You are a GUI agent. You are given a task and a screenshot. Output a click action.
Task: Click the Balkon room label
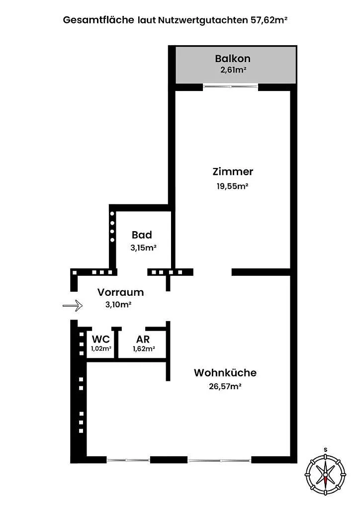(232, 59)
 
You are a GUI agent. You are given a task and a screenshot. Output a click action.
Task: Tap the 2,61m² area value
(233, 70)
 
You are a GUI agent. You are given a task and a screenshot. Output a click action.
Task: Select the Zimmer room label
(233, 171)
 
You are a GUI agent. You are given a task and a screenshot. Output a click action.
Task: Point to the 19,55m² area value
(232, 186)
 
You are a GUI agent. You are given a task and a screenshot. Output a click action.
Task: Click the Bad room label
(142, 235)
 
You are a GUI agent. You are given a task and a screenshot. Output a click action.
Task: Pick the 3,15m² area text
(144, 248)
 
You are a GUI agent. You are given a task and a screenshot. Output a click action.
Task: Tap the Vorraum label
(120, 292)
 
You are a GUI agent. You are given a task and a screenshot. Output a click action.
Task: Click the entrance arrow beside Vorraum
(73, 306)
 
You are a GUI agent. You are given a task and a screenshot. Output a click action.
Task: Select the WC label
(101, 339)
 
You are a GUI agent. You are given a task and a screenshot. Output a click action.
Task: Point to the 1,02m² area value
(101, 348)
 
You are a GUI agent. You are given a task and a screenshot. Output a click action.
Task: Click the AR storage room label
(143, 339)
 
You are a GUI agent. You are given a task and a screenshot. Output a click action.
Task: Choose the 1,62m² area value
(144, 349)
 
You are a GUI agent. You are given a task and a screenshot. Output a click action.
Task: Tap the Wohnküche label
(225, 373)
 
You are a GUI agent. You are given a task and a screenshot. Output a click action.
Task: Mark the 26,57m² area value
(225, 387)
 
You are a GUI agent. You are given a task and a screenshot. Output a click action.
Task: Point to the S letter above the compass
(325, 449)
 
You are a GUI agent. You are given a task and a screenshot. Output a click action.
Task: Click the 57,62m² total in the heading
(269, 20)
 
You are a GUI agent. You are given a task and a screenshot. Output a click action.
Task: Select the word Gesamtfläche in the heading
(98, 20)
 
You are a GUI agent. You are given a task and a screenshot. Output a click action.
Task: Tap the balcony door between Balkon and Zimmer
(231, 86)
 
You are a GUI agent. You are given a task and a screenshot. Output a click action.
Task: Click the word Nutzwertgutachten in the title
(203, 20)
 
